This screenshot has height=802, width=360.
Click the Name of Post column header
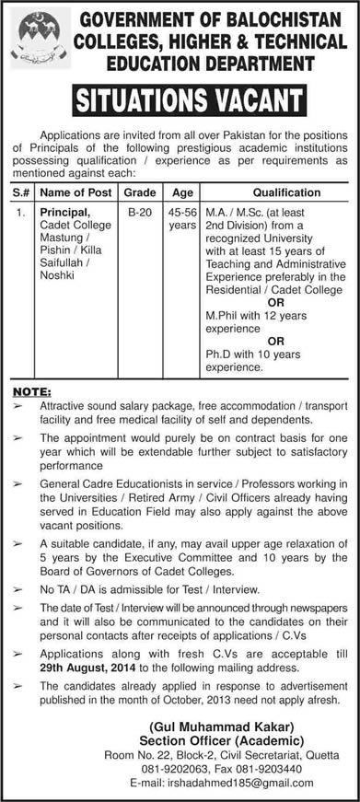pyautogui.click(x=76, y=193)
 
